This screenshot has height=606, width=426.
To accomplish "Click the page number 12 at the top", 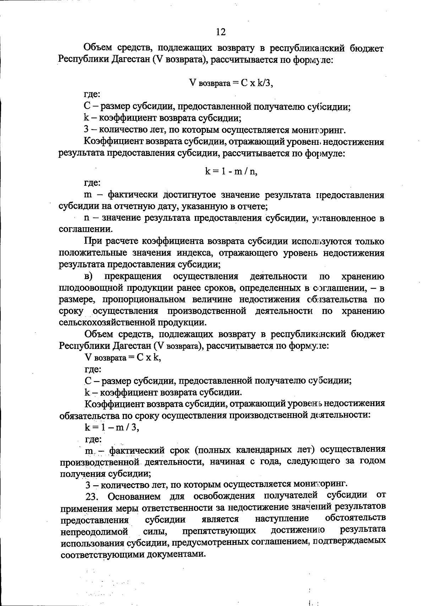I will [x=220, y=32].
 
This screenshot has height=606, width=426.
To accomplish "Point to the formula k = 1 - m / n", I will [x=231, y=171].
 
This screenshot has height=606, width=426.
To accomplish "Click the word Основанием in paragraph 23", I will [x=131, y=496].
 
